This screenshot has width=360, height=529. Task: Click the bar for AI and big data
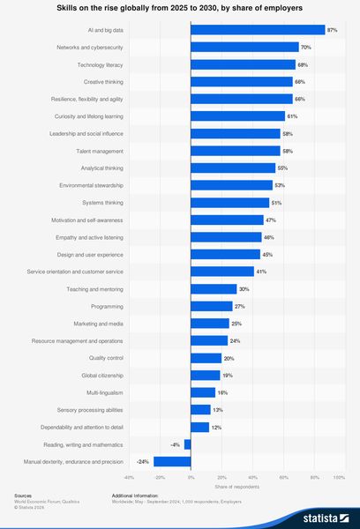pos(258,30)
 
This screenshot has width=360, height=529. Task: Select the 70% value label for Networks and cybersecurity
pos(306,47)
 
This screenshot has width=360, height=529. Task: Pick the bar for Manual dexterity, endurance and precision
pos(172,461)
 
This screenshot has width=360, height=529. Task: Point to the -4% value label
pos(176,444)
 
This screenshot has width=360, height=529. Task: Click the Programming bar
pos(211,306)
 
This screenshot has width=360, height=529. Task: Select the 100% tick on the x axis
pos(338,477)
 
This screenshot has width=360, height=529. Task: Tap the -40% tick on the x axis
pos(129,477)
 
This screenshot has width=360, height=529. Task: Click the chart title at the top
pos(180,8)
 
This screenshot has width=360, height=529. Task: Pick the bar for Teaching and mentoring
pos(214,288)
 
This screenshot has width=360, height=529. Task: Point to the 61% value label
pos(292,116)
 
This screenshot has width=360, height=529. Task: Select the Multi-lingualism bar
pos(203,392)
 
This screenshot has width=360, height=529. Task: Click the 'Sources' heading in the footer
pos(23,496)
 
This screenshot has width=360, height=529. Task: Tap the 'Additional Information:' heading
pos(139,496)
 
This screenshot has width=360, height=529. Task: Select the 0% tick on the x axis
pos(191,477)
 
